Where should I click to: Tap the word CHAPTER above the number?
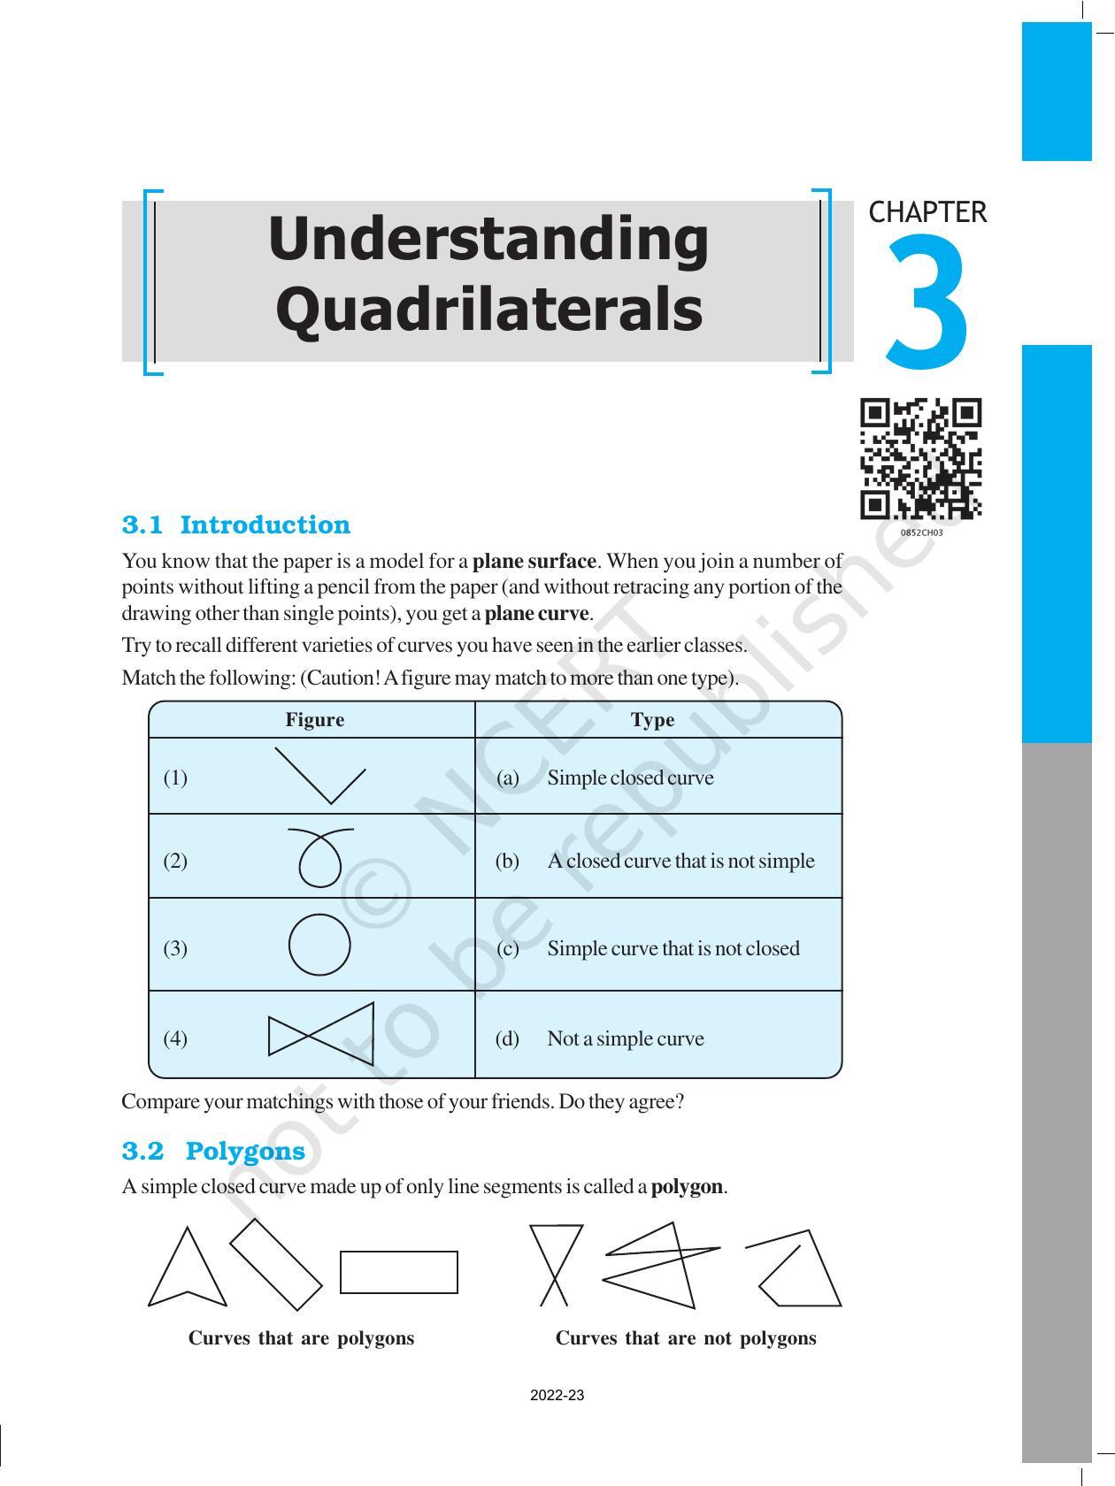(927, 212)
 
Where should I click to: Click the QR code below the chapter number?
(920, 459)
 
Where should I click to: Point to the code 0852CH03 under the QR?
(921, 533)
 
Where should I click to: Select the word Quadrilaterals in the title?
(488, 310)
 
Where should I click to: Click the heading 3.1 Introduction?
(235, 525)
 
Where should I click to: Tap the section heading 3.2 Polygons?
(212, 1151)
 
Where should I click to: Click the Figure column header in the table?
(314, 720)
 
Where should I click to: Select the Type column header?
(652, 720)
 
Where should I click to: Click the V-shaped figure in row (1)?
(320, 776)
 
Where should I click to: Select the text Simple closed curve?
(629, 778)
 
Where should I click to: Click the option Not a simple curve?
(625, 1038)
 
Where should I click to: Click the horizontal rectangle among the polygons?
(398, 1272)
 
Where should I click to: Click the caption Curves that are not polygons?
(685, 1338)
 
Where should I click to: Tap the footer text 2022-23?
(557, 1396)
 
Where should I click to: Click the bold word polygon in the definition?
(688, 1187)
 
